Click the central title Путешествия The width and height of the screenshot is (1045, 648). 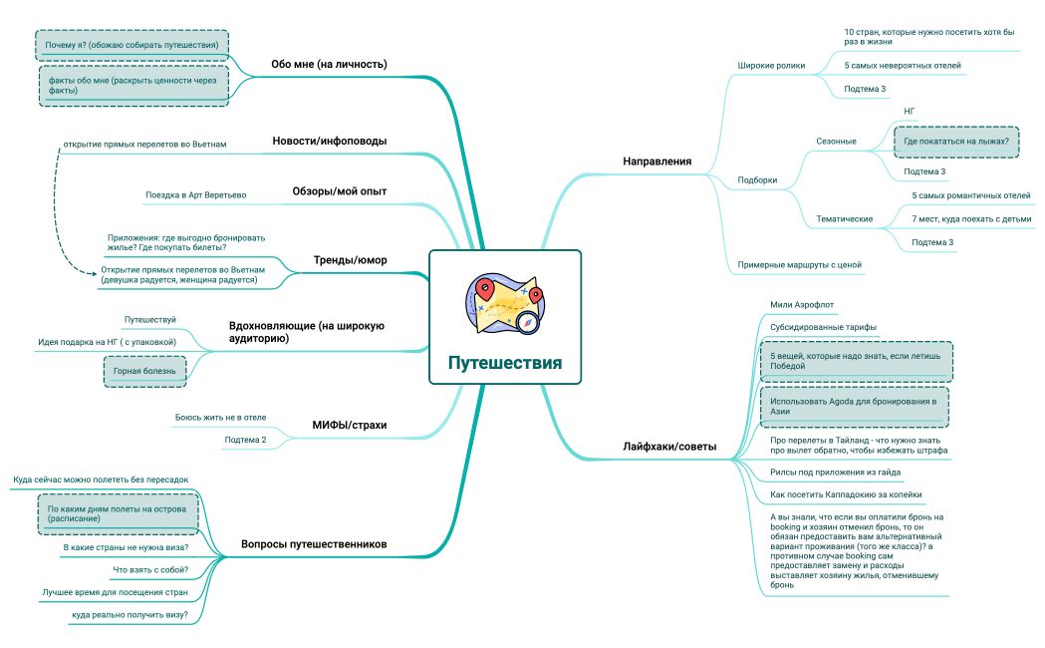click(504, 363)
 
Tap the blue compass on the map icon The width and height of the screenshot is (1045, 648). click(528, 323)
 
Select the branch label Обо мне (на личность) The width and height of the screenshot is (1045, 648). click(329, 64)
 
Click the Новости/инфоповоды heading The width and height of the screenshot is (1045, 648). click(329, 141)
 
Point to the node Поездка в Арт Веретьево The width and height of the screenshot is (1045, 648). click(196, 195)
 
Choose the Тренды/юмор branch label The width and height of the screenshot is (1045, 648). click(350, 260)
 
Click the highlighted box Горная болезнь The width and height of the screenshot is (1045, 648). click(144, 371)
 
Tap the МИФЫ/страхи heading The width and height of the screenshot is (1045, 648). click(350, 426)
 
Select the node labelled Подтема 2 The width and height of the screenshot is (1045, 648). click(245, 440)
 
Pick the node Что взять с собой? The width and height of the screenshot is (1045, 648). click(150, 570)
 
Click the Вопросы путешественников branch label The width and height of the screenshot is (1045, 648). click(314, 544)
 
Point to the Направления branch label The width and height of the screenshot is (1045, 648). click(657, 162)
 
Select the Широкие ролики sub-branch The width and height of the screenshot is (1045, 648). click(771, 66)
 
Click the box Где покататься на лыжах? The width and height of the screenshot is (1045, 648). click(956, 142)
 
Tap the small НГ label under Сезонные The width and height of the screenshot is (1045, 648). click(910, 112)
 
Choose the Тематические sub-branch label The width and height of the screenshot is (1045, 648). click(845, 218)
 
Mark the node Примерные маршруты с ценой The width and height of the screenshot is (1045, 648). click(799, 264)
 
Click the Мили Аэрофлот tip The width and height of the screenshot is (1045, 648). click(802, 305)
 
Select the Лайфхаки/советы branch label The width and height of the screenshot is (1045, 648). click(669, 447)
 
